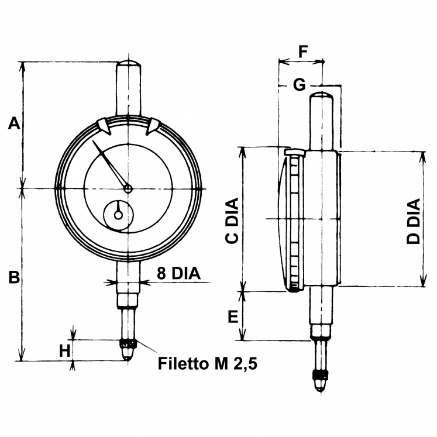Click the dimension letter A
[14, 123]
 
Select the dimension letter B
[14, 277]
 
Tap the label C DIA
[232, 221]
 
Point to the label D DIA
[414, 221]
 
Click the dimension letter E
[232, 317]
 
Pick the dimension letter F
[303, 51]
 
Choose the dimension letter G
[299, 85]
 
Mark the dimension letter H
[65, 350]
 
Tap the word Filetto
[184, 364]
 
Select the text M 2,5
[235, 364]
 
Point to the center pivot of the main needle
[128, 188]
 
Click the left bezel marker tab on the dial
[102, 125]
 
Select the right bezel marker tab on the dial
[154, 125]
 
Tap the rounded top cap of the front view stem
[128, 63]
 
